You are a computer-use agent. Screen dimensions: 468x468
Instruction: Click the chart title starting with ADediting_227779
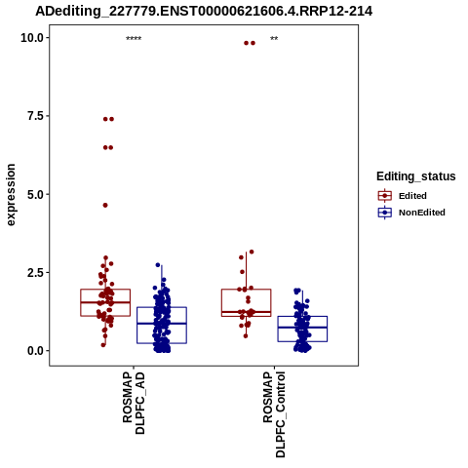(x=204, y=12)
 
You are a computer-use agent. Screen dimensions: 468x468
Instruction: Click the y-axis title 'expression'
(x=11, y=195)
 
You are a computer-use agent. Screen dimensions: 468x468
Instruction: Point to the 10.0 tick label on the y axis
(x=32, y=38)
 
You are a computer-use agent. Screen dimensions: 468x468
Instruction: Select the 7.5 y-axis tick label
(x=35, y=116)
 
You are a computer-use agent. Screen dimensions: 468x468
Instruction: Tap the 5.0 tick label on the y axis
(x=35, y=195)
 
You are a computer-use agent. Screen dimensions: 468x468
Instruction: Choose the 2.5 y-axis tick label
(x=35, y=273)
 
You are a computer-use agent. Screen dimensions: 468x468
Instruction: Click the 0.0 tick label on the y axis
(x=35, y=351)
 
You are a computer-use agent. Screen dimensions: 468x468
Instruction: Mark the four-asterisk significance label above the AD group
(x=134, y=39)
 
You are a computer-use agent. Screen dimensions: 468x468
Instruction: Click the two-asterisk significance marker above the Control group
(x=274, y=39)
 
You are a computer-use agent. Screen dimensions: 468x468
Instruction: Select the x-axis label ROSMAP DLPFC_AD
(x=134, y=403)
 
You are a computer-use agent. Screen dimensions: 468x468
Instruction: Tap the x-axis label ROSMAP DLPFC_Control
(x=274, y=414)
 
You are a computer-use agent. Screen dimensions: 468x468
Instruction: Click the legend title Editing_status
(x=416, y=176)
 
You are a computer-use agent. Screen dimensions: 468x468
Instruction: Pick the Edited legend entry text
(x=412, y=196)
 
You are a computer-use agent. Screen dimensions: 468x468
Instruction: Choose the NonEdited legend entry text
(x=422, y=213)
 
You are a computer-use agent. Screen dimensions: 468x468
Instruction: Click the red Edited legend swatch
(x=385, y=196)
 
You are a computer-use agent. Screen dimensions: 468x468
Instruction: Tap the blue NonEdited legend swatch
(x=385, y=213)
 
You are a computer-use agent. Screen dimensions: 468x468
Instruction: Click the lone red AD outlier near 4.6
(x=105, y=205)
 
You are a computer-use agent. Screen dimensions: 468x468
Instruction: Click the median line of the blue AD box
(x=162, y=324)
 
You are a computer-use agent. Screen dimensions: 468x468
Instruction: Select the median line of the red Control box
(x=247, y=312)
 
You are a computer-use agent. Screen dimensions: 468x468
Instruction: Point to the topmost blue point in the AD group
(x=158, y=265)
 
